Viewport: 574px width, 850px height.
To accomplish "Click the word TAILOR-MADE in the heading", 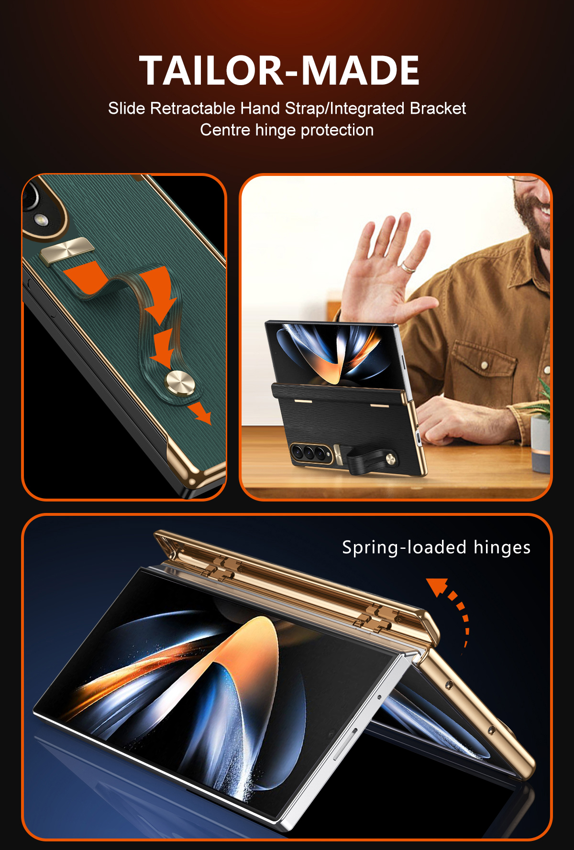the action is [x=279, y=70].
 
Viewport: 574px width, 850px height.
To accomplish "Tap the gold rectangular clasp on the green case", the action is [x=66, y=251].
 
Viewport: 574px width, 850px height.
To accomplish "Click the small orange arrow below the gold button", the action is [x=199, y=413].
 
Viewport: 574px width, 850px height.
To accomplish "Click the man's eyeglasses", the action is [x=526, y=179].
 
